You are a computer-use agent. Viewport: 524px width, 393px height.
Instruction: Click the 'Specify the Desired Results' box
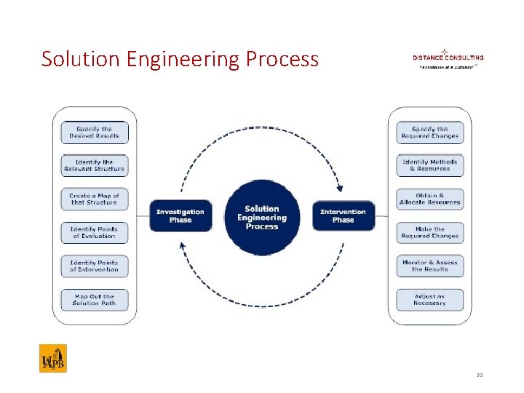[x=94, y=132]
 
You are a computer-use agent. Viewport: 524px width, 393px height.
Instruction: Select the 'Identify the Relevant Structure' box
[x=94, y=165]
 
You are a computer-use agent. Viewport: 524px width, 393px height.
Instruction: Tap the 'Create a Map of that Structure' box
[x=94, y=199]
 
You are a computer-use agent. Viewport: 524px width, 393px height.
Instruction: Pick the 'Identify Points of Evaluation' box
[x=94, y=232]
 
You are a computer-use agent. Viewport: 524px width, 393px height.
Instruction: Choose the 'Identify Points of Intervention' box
[x=94, y=266]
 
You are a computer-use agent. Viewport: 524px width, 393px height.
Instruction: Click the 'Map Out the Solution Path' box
[x=94, y=299]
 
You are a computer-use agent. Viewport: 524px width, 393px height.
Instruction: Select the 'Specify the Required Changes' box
[x=429, y=132]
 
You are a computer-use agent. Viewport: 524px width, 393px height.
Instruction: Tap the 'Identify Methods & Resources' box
[x=429, y=165]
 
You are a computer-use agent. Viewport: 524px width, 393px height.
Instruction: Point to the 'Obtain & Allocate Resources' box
[x=429, y=199]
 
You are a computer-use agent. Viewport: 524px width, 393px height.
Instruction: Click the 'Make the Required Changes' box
[x=429, y=232]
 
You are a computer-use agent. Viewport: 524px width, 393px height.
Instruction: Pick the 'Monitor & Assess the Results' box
[x=429, y=266]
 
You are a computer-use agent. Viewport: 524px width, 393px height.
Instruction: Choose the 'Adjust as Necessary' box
[x=429, y=299]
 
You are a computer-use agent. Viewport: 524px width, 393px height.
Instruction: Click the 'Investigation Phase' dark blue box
[x=180, y=215]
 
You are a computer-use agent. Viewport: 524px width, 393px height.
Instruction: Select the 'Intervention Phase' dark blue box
[x=344, y=215]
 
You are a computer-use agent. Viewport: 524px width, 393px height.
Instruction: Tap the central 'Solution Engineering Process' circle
[x=262, y=217]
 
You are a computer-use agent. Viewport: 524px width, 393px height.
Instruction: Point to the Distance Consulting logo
[x=448, y=57]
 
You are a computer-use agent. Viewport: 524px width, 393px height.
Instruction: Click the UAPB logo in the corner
[x=52, y=359]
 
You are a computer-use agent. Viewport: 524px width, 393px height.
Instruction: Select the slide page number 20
[x=480, y=376]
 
